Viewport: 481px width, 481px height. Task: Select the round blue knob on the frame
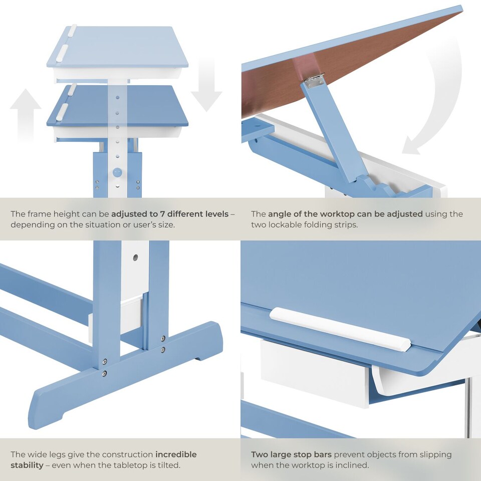pos(117,172)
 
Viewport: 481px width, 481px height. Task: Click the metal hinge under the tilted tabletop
pos(314,81)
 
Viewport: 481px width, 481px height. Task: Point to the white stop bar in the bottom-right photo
pos(340,329)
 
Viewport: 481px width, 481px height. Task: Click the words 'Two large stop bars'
pos(291,454)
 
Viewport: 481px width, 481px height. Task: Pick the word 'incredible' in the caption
pos(176,454)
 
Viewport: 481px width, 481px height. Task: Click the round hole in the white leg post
pos(135,258)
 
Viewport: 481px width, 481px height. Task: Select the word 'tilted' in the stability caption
pos(167,465)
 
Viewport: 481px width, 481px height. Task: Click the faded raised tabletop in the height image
pos(118,48)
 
